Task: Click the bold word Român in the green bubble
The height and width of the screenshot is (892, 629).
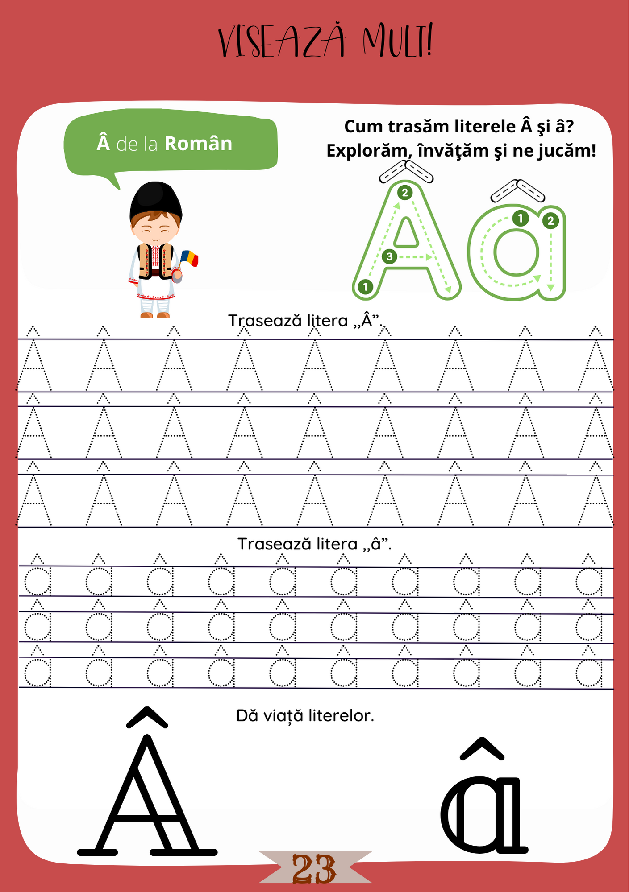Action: (x=198, y=144)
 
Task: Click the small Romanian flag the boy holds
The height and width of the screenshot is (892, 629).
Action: (x=190, y=258)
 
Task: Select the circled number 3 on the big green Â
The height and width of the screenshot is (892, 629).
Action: (x=389, y=256)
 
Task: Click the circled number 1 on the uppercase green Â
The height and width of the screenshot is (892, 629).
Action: (x=365, y=287)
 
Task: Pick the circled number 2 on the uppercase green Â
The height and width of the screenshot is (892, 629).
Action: (x=404, y=193)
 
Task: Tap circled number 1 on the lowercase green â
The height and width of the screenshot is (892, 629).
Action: (x=520, y=219)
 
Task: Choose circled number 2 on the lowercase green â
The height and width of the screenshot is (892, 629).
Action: (x=550, y=220)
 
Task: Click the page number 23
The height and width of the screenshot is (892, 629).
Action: (x=314, y=869)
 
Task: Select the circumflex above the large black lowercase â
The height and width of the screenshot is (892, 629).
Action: (x=482, y=748)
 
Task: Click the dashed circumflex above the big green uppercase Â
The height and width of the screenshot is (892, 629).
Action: (x=406, y=172)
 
